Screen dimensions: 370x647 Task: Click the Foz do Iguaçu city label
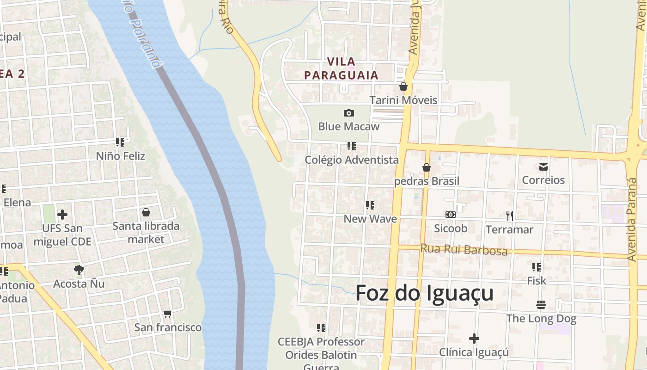[x=424, y=293]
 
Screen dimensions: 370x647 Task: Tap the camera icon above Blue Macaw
[x=349, y=113]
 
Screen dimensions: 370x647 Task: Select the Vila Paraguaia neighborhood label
[x=341, y=68]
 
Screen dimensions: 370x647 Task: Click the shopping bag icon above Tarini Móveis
[x=403, y=86]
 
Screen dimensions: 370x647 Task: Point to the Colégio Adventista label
[x=351, y=160]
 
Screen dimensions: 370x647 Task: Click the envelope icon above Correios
[x=543, y=166]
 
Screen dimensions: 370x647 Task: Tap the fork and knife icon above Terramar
[x=509, y=216]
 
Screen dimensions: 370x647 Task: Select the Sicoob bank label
[x=450, y=228]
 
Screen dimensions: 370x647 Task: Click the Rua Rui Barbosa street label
[x=464, y=250]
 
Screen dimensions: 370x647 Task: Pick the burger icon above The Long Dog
[x=541, y=305]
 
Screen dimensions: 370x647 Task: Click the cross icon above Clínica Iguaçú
[x=474, y=339]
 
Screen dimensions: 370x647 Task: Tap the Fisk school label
[x=536, y=281]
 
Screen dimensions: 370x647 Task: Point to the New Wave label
[x=370, y=219]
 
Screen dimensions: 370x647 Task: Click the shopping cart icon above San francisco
[x=167, y=314]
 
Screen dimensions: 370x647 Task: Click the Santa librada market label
[x=146, y=233]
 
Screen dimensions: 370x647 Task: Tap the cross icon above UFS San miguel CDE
[x=62, y=215]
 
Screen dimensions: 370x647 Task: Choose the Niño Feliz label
[x=120, y=156]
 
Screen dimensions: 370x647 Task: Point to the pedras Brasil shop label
[x=427, y=181]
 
